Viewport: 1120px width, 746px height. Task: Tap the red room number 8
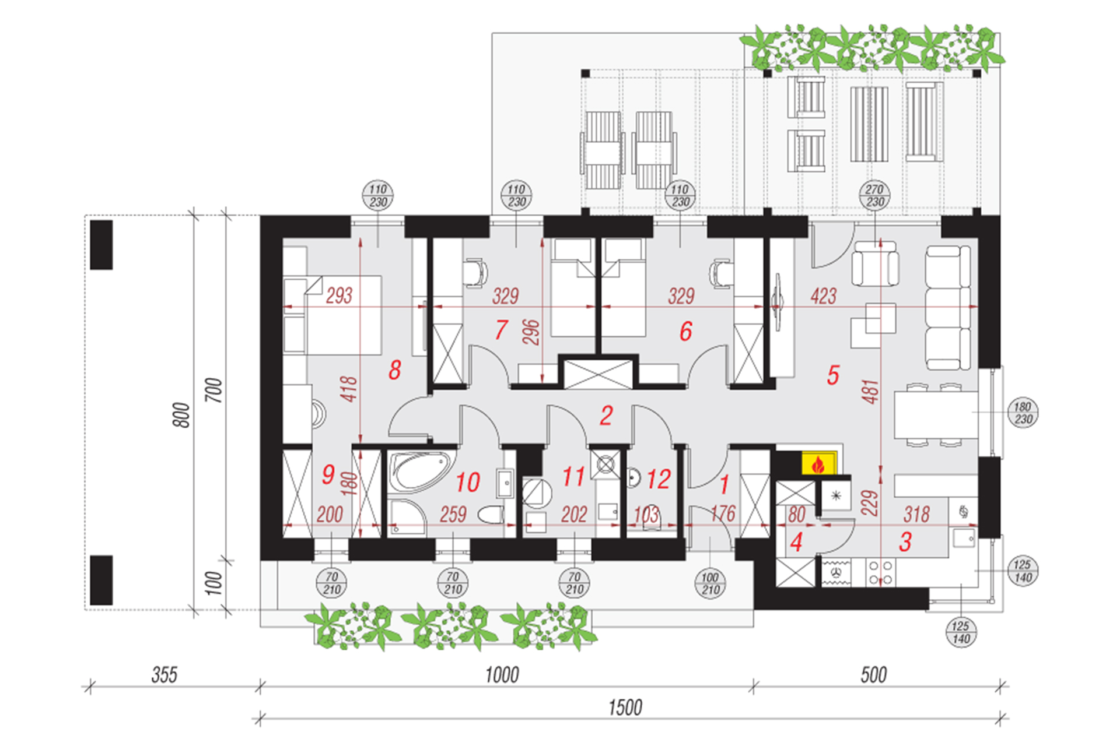[395, 370]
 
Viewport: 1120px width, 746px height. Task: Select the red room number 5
[833, 375]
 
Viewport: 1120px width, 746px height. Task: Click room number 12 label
[659, 479]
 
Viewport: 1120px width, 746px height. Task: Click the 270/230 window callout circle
[874, 195]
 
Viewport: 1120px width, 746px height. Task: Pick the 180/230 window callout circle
[1023, 413]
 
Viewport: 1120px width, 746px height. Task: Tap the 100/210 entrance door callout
[710, 583]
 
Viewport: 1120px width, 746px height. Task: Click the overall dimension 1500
[625, 708]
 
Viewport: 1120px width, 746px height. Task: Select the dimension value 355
[164, 675]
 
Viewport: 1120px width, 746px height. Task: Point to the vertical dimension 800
[182, 415]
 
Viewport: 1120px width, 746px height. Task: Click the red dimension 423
[823, 296]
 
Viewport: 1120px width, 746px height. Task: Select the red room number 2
[606, 416]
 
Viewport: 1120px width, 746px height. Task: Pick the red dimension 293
[339, 295]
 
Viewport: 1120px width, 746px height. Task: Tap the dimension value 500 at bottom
[873, 675]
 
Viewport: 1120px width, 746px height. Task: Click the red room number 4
[796, 542]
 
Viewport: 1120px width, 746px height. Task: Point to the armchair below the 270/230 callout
[875, 265]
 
